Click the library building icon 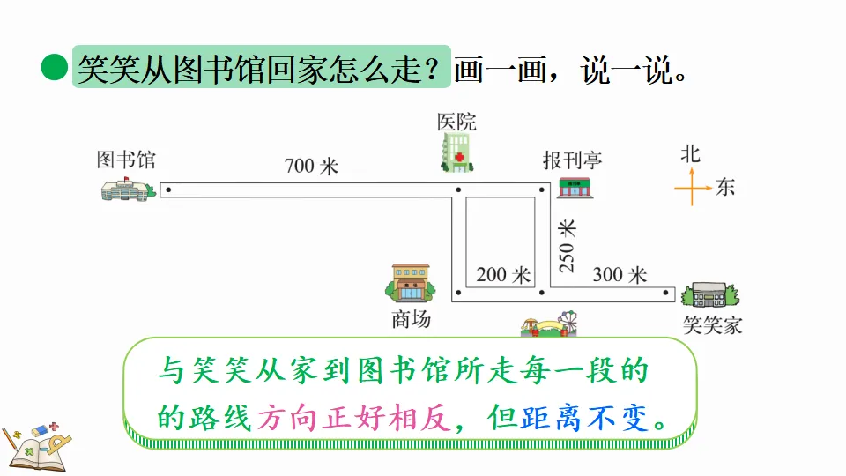[x=128, y=188]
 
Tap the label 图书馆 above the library [x=126, y=160]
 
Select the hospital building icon [x=456, y=152]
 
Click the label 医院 [x=456, y=122]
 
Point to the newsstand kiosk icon [x=576, y=186]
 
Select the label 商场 [x=411, y=319]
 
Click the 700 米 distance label [x=311, y=166]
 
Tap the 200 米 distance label [x=503, y=275]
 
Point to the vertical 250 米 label [x=568, y=244]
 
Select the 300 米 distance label [x=620, y=275]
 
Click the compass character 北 [x=690, y=153]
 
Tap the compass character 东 [x=725, y=187]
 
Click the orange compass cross [x=693, y=187]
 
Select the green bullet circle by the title [x=55, y=68]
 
